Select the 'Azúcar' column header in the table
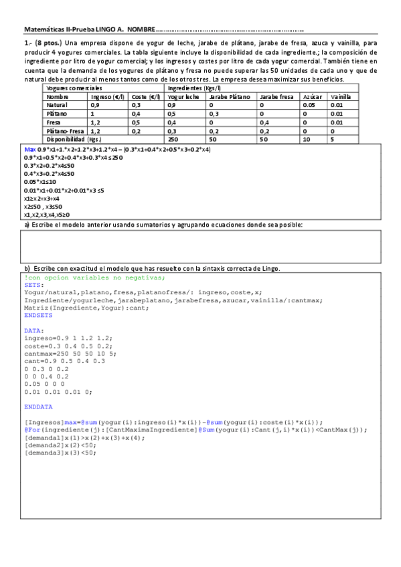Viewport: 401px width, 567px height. (x=312, y=97)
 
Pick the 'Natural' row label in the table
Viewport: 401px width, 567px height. (x=57, y=106)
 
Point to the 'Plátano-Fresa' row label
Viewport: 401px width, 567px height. (x=65, y=131)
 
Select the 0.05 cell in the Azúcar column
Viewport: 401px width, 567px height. (x=309, y=106)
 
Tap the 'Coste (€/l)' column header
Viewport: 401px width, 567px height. (x=145, y=97)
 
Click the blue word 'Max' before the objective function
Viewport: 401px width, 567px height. (x=30, y=148)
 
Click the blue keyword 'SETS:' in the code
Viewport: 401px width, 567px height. (x=33, y=284)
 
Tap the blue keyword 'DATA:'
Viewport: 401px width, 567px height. (x=33, y=330)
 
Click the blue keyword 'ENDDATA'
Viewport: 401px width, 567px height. (x=37, y=406)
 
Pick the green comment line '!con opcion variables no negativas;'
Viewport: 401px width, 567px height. (x=94, y=277)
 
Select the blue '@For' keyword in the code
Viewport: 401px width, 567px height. (x=31, y=430)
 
